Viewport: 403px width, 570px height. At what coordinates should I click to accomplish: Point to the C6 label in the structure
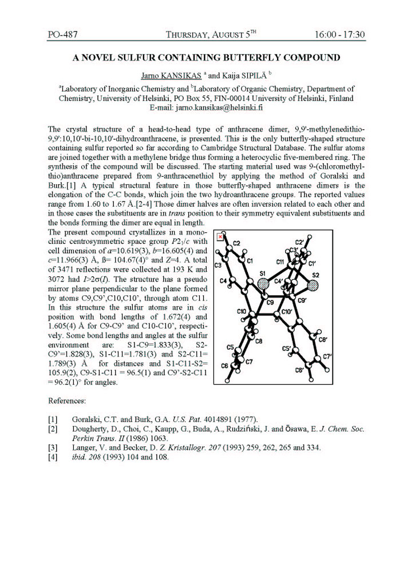click(x=224, y=366)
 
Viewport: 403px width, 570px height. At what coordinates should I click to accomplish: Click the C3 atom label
click(x=218, y=266)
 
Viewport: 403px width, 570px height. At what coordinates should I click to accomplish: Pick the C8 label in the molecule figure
click(x=259, y=341)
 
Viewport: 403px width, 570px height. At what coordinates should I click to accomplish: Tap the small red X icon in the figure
click(x=220, y=236)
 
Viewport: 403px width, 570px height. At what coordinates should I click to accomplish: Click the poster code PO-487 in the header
click(x=62, y=34)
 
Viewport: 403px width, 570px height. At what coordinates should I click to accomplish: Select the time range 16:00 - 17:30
click(x=339, y=34)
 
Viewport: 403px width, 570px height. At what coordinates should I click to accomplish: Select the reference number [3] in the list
click(x=53, y=448)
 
